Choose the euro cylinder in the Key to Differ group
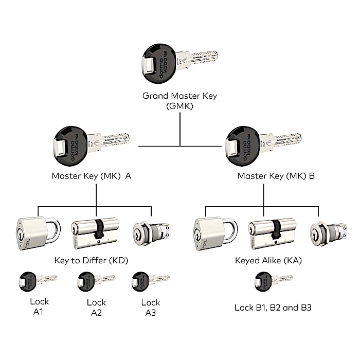(95, 231)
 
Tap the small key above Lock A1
(37, 280)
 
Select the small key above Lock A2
(96, 280)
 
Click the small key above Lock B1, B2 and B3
(273, 280)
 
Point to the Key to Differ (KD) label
(91, 260)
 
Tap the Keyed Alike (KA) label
(267, 260)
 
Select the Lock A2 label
(96, 307)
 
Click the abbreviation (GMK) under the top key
(179, 106)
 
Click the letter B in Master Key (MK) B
(311, 176)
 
